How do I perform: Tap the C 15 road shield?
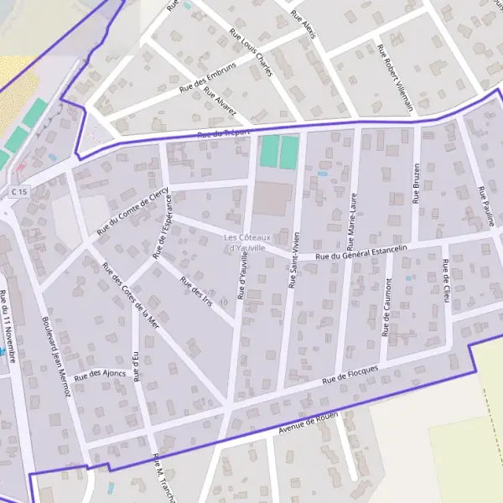click(x=19, y=192)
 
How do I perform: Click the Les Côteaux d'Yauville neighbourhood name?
click(x=245, y=243)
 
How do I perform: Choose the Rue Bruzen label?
click(x=416, y=182)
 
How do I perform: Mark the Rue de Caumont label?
click(x=386, y=309)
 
